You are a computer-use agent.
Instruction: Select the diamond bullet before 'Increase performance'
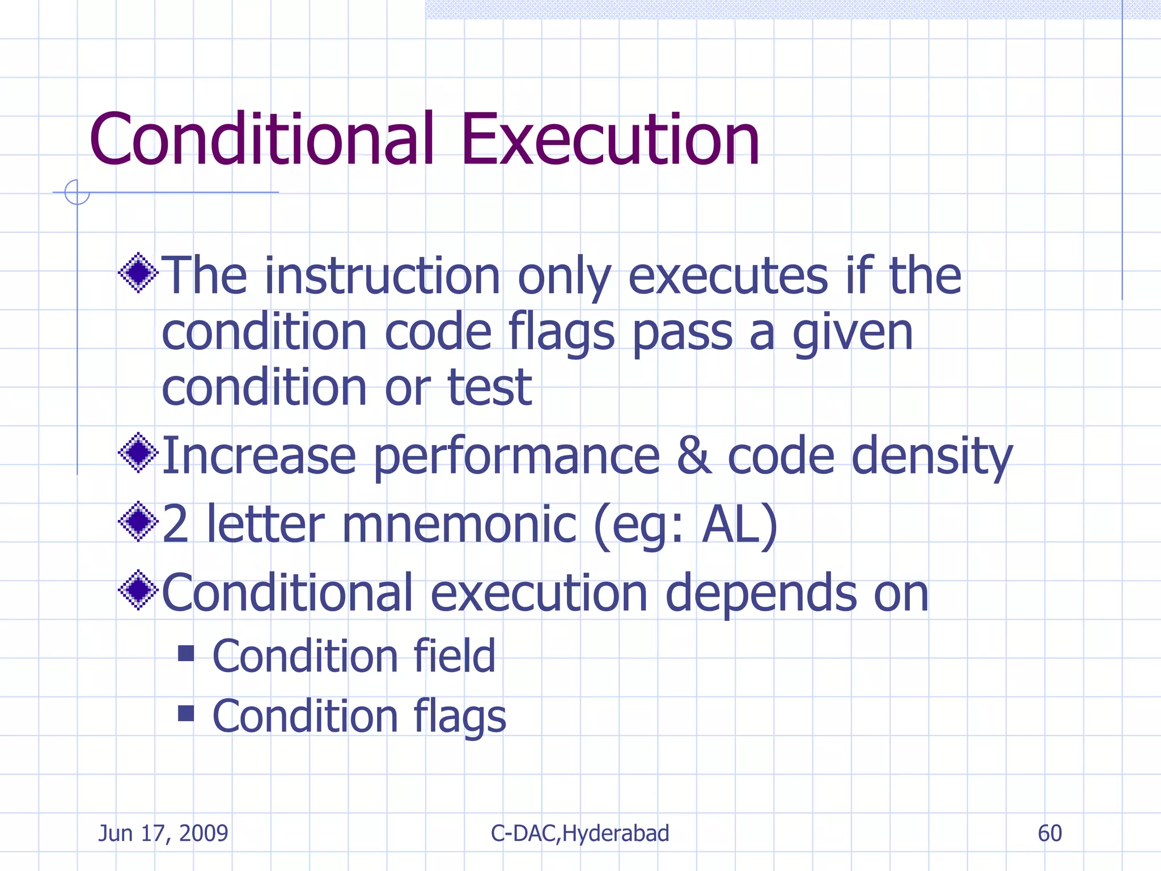[x=138, y=453]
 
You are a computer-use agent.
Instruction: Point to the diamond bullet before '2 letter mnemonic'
[x=138, y=521]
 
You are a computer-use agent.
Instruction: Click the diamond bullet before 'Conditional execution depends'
[x=138, y=590]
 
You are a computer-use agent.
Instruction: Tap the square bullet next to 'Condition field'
[x=186, y=653]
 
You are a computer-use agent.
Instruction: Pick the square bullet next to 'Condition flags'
[x=186, y=713]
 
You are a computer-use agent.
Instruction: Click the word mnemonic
[x=459, y=525]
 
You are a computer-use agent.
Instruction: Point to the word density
[x=931, y=456]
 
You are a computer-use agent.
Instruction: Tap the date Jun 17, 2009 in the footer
[x=163, y=833]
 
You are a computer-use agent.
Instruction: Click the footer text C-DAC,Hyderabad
[x=580, y=833]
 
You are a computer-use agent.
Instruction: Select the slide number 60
[x=1049, y=833]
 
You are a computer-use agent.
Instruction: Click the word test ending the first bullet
[x=490, y=387]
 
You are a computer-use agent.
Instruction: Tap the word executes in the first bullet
[x=728, y=276]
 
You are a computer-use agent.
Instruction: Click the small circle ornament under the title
[x=77, y=192]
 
